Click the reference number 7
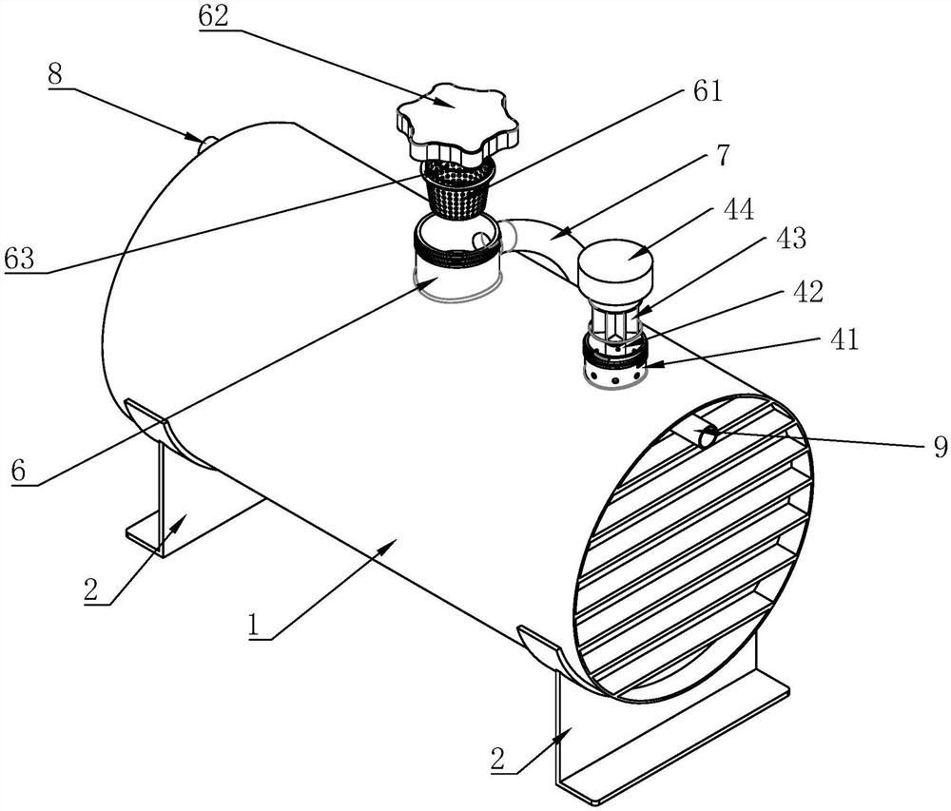click(722, 155)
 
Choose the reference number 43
click(791, 238)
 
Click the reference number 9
click(939, 447)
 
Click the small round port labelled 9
click(705, 437)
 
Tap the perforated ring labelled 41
click(614, 373)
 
